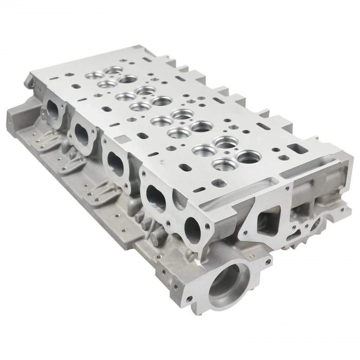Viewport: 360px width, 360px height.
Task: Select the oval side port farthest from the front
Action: coord(53,110)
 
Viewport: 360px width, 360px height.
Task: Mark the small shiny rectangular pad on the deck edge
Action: coord(121,139)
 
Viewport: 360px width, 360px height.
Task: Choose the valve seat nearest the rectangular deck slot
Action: coord(249,156)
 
